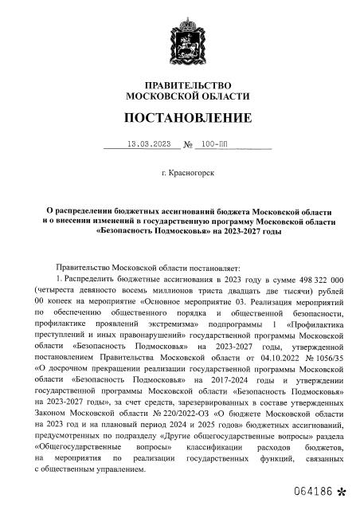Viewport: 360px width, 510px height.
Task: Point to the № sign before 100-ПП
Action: [x=189, y=146]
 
